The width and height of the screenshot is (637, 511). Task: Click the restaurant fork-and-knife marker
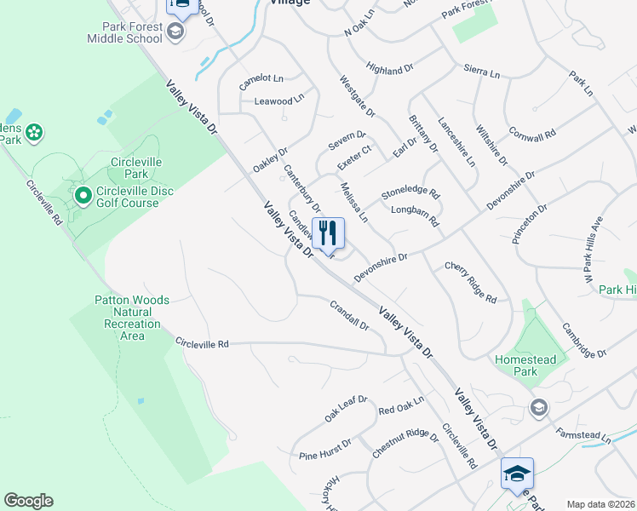click(328, 233)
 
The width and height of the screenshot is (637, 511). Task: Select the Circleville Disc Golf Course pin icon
click(83, 197)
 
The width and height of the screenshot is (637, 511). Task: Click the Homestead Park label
click(525, 365)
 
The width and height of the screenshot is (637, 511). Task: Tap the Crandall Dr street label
click(349, 314)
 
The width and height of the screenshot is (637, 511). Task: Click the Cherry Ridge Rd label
click(471, 282)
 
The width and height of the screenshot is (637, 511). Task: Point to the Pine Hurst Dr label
click(325, 451)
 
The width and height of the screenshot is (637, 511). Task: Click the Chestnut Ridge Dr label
click(405, 445)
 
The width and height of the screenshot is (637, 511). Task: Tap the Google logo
click(28, 500)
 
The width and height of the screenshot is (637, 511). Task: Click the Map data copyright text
click(600, 504)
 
